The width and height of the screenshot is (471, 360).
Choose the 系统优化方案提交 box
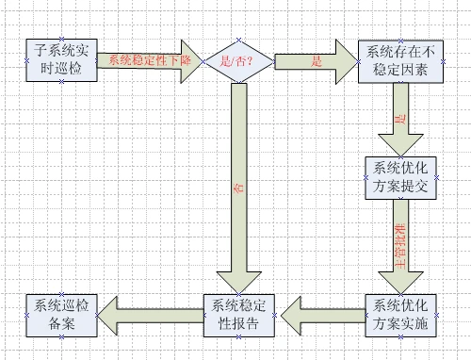(400, 176)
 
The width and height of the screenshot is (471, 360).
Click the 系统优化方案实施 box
(400, 314)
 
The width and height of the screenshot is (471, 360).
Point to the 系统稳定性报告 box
(240, 314)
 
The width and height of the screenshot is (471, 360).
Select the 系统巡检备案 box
(61, 314)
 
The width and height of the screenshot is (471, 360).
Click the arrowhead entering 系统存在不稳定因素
(348, 61)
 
